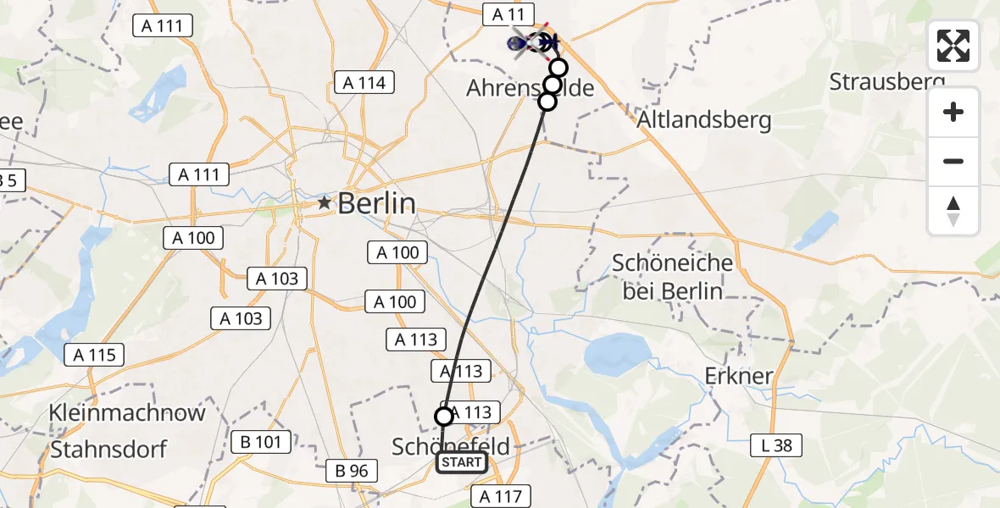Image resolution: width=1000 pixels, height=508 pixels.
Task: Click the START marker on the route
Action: pyautogui.click(x=461, y=462)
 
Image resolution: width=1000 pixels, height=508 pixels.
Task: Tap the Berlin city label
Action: pyautogui.click(x=377, y=203)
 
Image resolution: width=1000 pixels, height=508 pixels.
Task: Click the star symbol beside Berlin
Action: pyautogui.click(x=324, y=203)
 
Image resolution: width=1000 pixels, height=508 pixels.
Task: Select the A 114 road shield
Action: pyautogui.click(x=364, y=82)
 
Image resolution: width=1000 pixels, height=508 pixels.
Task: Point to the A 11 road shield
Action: pyautogui.click(x=508, y=14)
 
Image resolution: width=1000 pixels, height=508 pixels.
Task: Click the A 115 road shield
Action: pyautogui.click(x=96, y=355)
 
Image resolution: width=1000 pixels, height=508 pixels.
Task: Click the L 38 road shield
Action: pyautogui.click(x=775, y=444)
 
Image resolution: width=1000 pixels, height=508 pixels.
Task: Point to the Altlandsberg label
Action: pyautogui.click(x=705, y=120)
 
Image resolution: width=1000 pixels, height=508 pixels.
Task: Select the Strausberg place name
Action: pyautogui.click(x=886, y=82)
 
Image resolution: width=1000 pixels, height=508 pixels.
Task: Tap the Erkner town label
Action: pyautogui.click(x=739, y=375)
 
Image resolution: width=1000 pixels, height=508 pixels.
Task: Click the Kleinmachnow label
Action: pyautogui.click(x=127, y=413)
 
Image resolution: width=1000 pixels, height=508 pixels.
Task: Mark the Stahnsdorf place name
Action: pyautogui.click(x=108, y=448)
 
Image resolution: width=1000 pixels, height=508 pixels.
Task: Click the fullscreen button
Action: pyautogui.click(x=953, y=46)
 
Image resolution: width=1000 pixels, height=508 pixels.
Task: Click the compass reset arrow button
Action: pyautogui.click(x=953, y=211)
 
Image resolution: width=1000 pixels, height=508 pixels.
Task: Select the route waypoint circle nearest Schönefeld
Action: pyautogui.click(x=444, y=416)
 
